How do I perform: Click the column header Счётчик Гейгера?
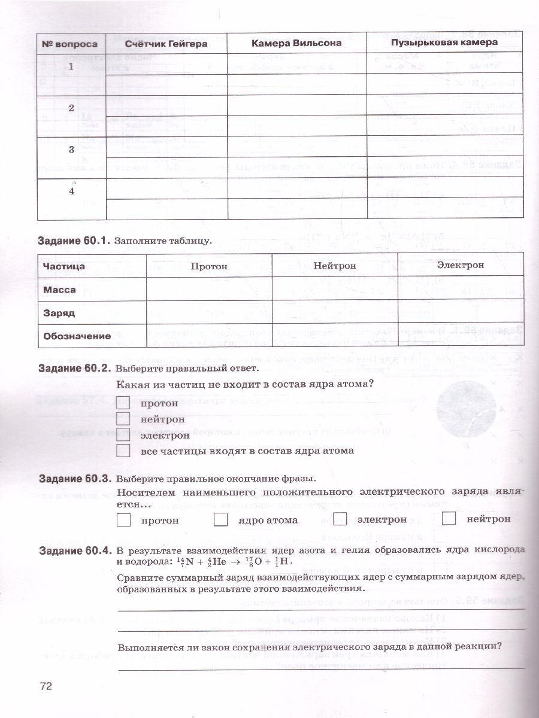click(166, 44)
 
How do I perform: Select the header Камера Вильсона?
click(296, 43)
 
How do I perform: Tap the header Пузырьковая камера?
click(444, 42)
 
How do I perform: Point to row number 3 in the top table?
click(71, 150)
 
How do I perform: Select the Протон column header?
click(209, 266)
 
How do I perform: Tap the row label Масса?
click(60, 290)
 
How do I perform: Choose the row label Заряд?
click(59, 313)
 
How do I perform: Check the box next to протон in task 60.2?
click(123, 403)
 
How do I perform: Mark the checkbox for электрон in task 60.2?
click(123, 435)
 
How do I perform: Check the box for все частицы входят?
click(123, 451)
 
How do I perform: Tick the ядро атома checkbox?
click(221, 519)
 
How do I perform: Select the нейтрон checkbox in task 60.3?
click(449, 518)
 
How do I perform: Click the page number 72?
click(46, 686)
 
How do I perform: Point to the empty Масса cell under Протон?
click(209, 289)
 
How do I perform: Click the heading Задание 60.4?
click(74, 550)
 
